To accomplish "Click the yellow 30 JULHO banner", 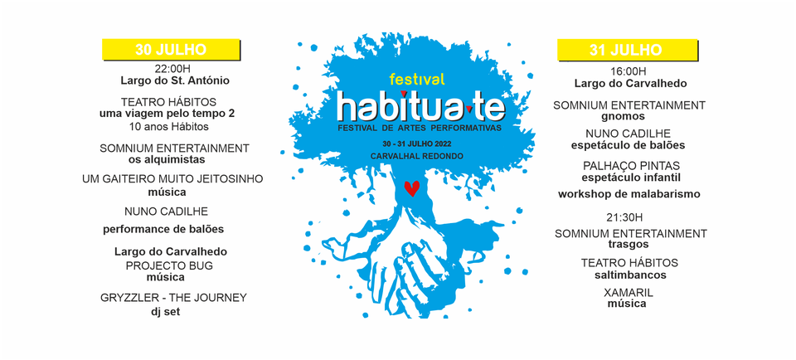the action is coord(171,49).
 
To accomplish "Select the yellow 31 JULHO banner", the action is coord(628,50).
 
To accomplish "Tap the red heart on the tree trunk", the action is coord(412,187).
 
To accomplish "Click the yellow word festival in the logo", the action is coord(417,79).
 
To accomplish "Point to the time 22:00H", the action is coord(172,69).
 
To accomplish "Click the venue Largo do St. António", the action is coord(175,80).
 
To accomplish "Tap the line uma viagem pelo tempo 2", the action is coord(167,114).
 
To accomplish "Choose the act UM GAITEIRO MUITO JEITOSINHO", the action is coord(172,179).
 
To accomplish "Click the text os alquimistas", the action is coord(167,159).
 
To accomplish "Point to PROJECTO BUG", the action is coord(169,265).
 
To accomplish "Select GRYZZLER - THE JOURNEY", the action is coord(173,298).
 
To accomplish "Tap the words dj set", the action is coord(166,312).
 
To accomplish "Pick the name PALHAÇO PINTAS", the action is coord(631,166).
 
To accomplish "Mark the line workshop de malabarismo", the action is coord(629,194).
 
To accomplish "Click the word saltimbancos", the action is coord(630,275).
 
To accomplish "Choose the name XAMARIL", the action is coord(629,293).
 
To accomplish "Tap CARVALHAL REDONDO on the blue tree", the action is coord(417,156).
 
